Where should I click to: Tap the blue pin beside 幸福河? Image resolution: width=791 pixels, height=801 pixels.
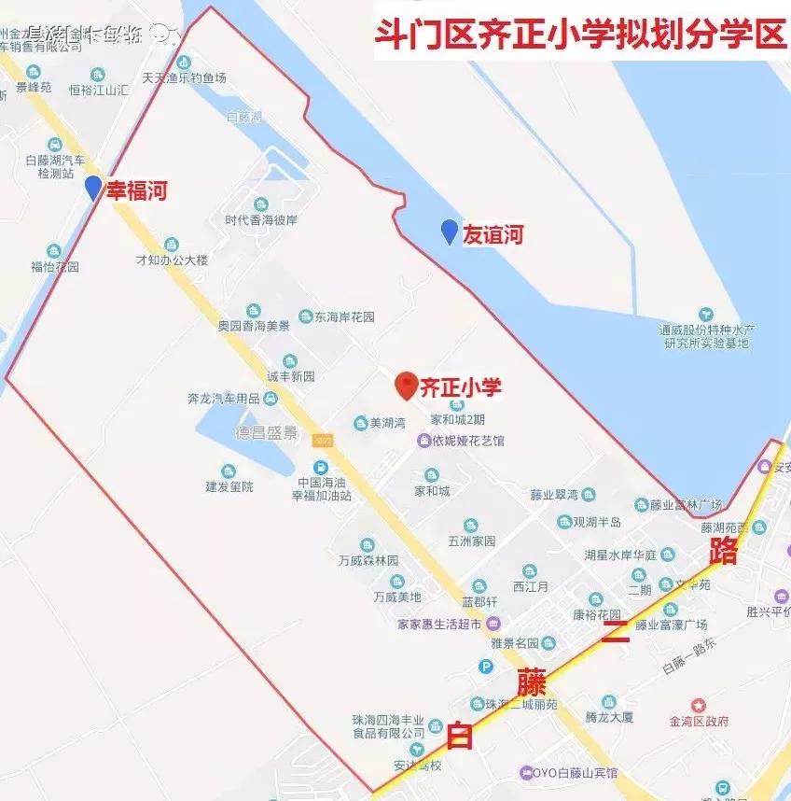(x=92, y=188)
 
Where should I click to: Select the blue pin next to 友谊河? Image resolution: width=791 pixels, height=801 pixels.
(x=450, y=231)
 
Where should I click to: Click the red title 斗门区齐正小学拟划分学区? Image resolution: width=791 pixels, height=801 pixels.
(x=579, y=35)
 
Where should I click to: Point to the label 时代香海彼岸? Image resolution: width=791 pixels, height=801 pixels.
(x=261, y=220)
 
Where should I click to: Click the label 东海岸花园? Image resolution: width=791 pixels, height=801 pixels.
(x=344, y=317)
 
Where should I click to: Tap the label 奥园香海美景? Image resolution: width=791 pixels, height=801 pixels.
(x=254, y=326)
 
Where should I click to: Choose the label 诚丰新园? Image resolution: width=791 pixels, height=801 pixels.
(x=291, y=376)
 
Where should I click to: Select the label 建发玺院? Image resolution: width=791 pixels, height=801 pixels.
(x=229, y=486)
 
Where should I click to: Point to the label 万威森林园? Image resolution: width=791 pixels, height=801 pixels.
(x=368, y=560)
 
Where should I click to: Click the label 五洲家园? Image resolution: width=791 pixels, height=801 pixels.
(x=471, y=541)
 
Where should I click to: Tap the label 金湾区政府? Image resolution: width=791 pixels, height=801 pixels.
(x=699, y=721)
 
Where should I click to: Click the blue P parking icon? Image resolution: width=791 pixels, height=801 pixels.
(x=485, y=667)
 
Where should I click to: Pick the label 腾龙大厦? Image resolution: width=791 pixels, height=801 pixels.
(x=609, y=716)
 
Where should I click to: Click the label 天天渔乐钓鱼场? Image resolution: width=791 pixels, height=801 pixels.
(x=184, y=77)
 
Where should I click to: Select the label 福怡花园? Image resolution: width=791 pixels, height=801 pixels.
(x=55, y=266)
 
